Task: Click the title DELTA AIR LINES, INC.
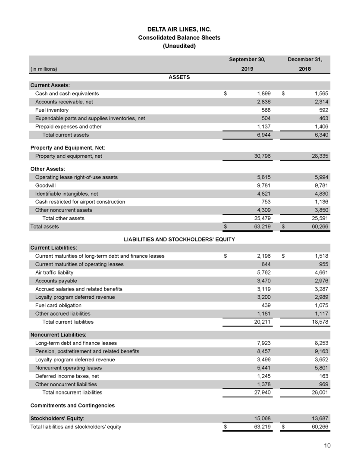[179, 30]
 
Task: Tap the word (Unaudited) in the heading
[179, 46]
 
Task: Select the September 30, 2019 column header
[247, 64]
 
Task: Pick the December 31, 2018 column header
[305, 64]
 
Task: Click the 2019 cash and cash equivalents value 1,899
[262, 94]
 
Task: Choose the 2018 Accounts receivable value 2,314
[320, 102]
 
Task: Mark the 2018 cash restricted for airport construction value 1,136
[320, 202]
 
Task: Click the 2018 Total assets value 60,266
[319, 226]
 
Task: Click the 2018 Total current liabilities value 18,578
[319, 322]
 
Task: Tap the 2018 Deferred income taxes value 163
[323, 376]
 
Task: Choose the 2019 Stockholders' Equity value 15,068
[260, 418]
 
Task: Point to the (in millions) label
[44, 68]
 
